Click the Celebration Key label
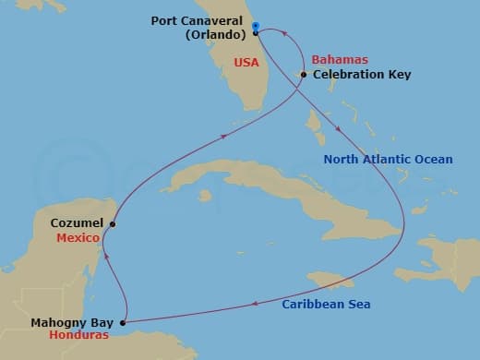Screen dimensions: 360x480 pyautogui.click(x=362, y=74)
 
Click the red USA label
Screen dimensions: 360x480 pyautogui.click(x=246, y=63)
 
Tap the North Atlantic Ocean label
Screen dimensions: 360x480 pyautogui.click(x=388, y=160)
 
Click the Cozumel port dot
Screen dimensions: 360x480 pyautogui.click(x=113, y=223)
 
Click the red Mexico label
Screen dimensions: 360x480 pyautogui.click(x=79, y=236)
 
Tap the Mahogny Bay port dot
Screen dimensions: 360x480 pyautogui.click(x=122, y=323)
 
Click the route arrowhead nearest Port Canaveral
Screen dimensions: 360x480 pyautogui.click(x=285, y=39)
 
